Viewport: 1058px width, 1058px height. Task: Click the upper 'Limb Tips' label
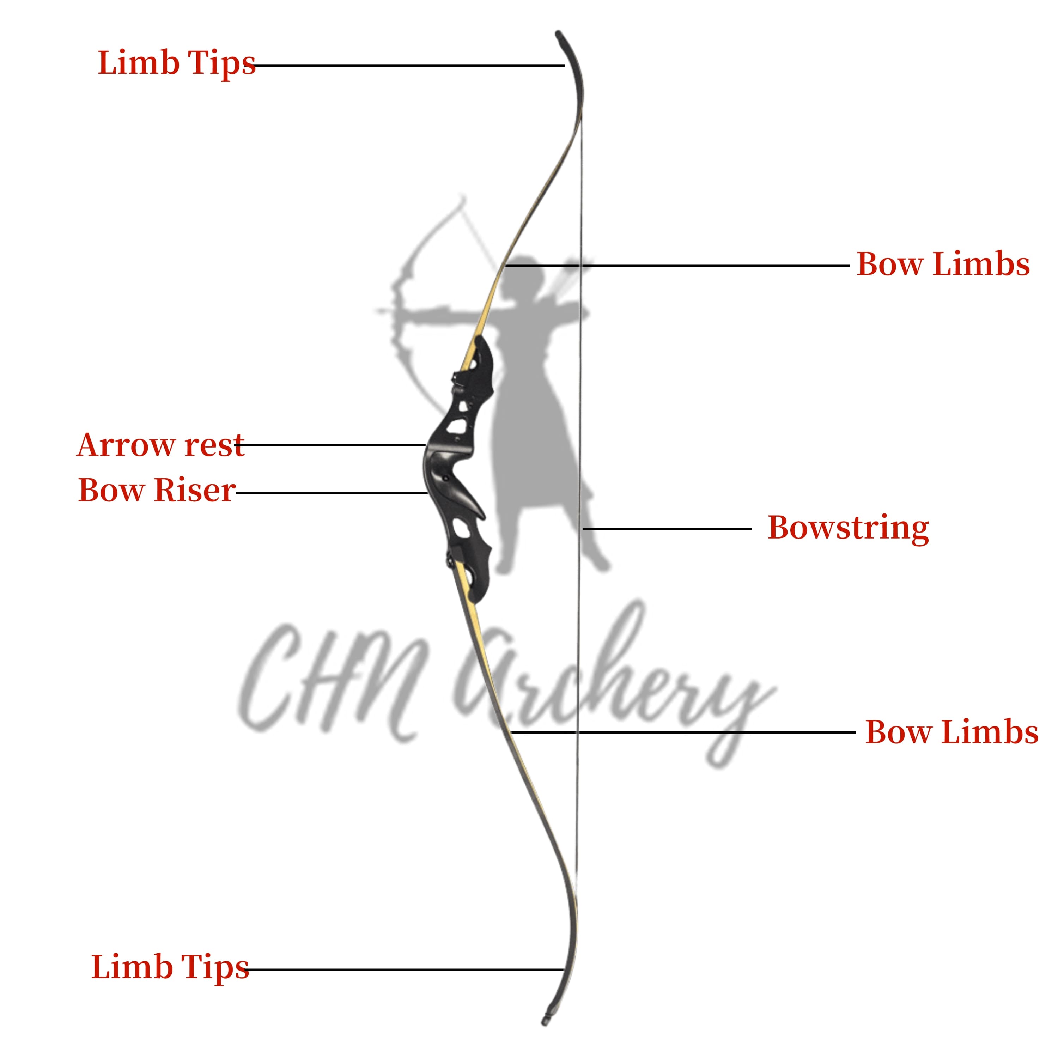(176, 63)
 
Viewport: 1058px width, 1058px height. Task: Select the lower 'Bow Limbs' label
(952, 732)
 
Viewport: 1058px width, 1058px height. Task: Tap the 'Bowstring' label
(848, 528)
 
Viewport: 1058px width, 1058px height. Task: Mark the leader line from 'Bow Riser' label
(331, 493)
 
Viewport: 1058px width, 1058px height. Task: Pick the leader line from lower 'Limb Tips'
(406, 970)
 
